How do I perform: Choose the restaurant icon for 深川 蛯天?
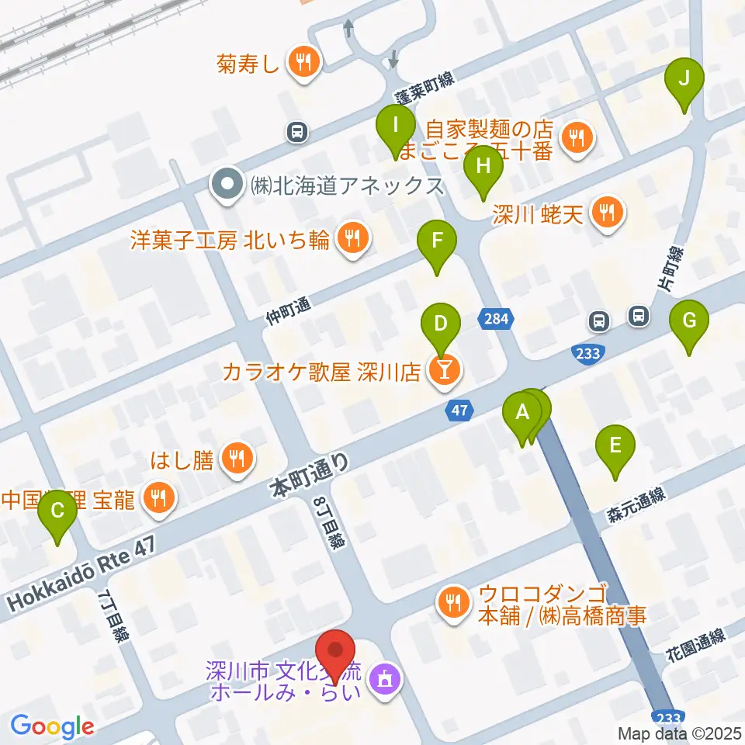click(607, 212)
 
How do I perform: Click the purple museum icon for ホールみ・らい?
click(383, 680)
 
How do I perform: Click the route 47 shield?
click(459, 411)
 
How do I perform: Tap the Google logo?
click(52, 726)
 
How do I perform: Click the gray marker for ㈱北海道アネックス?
click(227, 185)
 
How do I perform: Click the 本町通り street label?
click(309, 475)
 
